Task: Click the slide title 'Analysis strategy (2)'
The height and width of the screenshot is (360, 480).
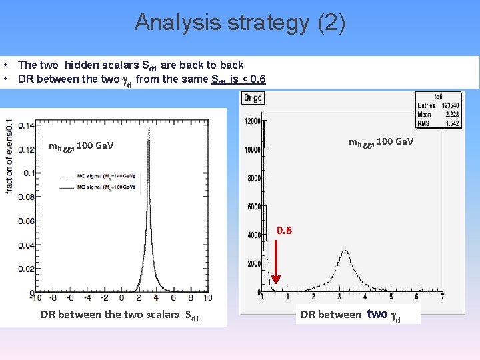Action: tap(240, 23)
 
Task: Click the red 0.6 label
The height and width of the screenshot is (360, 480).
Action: tap(284, 231)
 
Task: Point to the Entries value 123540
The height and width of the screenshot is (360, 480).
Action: tap(447, 106)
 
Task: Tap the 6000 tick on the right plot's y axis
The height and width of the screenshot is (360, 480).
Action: tap(253, 207)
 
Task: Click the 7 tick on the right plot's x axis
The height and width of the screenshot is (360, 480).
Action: tap(442, 297)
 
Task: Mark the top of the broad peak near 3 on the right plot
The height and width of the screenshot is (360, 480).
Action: tap(344, 250)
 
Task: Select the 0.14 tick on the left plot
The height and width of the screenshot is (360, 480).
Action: tap(26, 125)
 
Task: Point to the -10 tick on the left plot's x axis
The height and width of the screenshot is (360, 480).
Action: tap(37, 298)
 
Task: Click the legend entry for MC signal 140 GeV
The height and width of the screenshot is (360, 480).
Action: tap(107, 176)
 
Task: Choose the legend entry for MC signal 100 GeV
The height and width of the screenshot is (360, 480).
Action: tap(107, 187)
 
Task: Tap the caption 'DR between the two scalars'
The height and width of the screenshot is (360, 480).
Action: tap(110, 315)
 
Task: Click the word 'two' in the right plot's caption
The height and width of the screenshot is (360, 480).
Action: tap(377, 314)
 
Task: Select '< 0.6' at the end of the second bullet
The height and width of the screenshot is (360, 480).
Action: tap(253, 79)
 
